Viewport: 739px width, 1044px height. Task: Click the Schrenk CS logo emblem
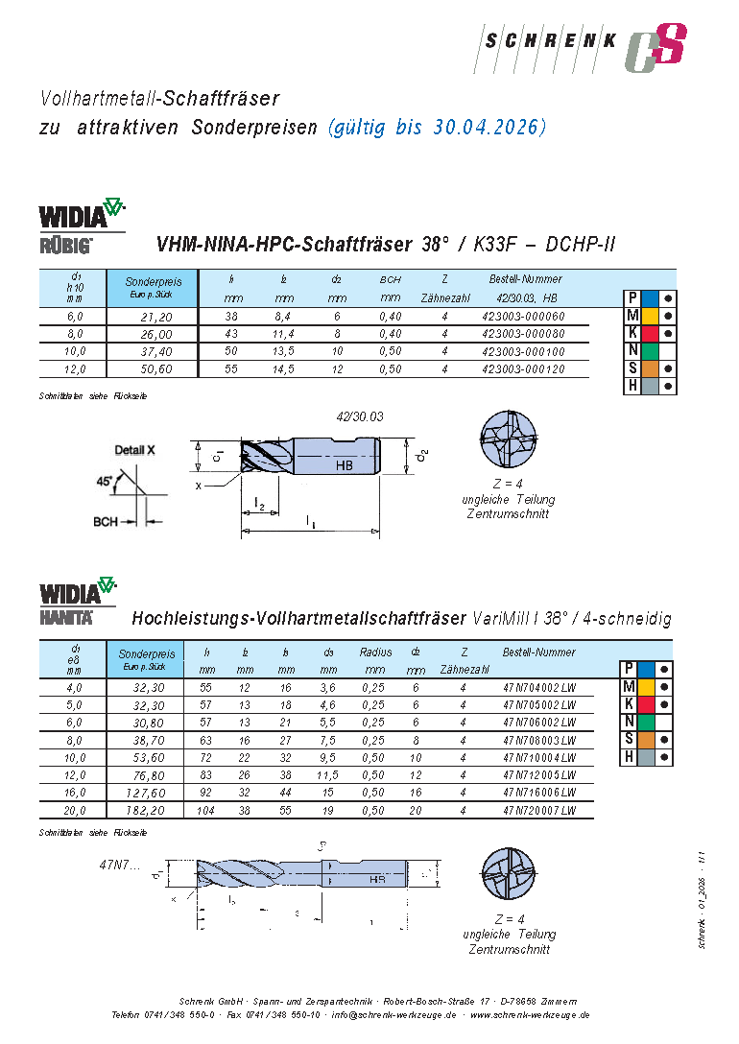[656, 48]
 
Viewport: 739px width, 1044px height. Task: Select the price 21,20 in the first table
[155, 316]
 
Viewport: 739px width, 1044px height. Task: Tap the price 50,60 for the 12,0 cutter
[155, 368]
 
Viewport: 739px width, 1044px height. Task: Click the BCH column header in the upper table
[390, 279]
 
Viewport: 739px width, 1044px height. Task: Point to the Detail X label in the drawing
[135, 449]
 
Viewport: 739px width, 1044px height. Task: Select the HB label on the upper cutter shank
[346, 465]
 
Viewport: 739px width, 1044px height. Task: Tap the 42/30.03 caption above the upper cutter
[360, 416]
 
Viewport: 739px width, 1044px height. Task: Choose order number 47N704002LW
[539, 688]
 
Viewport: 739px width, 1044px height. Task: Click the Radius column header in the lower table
[375, 652]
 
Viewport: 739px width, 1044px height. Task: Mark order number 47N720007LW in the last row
[539, 811]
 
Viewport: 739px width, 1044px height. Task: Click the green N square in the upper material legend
[650, 350]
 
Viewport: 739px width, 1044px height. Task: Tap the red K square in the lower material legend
[650, 703]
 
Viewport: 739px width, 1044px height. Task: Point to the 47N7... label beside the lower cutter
[120, 865]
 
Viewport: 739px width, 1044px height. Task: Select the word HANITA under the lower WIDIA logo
[66, 618]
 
